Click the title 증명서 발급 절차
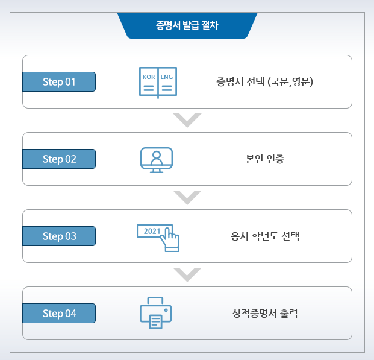[x=187, y=26]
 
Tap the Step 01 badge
[x=59, y=82]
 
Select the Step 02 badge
[x=59, y=159]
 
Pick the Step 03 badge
[x=59, y=236]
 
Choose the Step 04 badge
[x=59, y=314]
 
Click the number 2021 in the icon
[x=152, y=232]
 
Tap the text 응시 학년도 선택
[x=266, y=236]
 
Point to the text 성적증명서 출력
[x=266, y=314]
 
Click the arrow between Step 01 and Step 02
[x=187, y=120]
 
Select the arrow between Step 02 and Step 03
[x=187, y=197]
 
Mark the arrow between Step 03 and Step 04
[x=187, y=274]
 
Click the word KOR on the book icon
[x=148, y=77]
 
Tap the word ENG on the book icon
[x=166, y=77]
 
